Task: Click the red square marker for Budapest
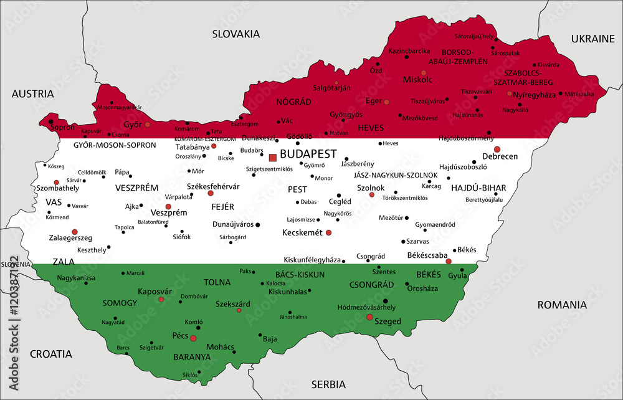click(272, 157)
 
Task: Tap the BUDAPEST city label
click(308, 154)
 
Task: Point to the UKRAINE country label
click(592, 39)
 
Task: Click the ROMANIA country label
click(563, 305)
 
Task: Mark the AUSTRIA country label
click(32, 94)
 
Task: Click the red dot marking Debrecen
click(497, 149)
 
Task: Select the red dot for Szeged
click(369, 317)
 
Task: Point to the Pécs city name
click(180, 336)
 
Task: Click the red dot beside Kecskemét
click(329, 232)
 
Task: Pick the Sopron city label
click(62, 127)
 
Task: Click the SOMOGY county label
click(120, 303)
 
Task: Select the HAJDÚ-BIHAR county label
click(478, 188)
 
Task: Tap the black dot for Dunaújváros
click(258, 224)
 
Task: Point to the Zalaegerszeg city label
click(70, 238)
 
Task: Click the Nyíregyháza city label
click(533, 95)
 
